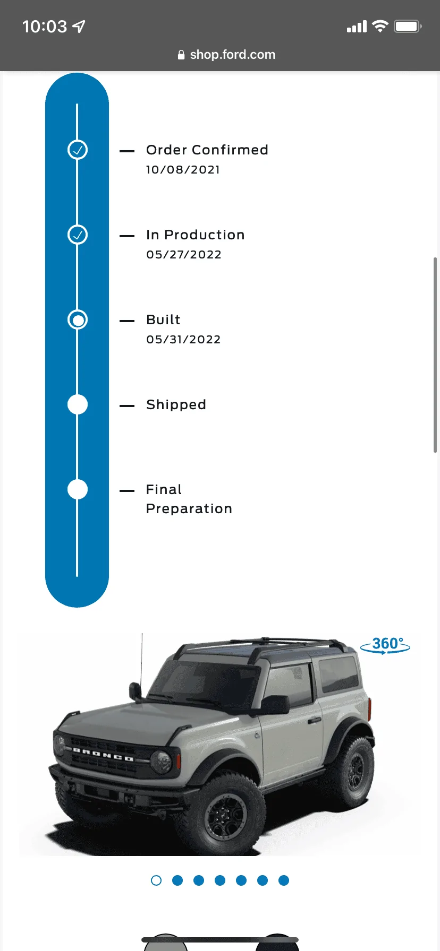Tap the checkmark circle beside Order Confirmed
tap(78, 150)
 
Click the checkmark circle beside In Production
tap(78, 235)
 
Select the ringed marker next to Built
tap(78, 319)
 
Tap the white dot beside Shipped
tap(78, 404)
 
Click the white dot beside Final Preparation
tap(78, 489)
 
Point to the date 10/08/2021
tap(183, 170)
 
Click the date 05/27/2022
tap(184, 255)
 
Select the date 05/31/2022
tap(183, 340)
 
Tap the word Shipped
tap(176, 405)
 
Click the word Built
tap(163, 319)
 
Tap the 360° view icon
tap(385, 645)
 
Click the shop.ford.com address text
tap(233, 55)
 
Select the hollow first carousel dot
tap(156, 880)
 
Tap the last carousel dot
tap(284, 880)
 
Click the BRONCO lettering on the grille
tap(103, 754)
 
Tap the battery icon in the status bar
tap(408, 27)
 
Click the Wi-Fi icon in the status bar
tap(380, 26)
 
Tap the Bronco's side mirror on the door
tap(276, 704)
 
